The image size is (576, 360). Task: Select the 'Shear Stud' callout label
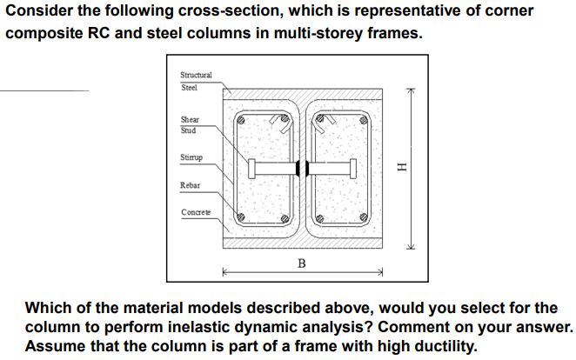[x=189, y=124]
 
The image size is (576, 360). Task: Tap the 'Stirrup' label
[x=191, y=159]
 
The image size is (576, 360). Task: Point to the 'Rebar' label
[x=190, y=185]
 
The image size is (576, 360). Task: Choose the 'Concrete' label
[x=194, y=213]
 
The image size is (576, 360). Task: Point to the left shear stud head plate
[x=251, y=168]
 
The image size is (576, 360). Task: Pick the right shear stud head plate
[x=353, y=168]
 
